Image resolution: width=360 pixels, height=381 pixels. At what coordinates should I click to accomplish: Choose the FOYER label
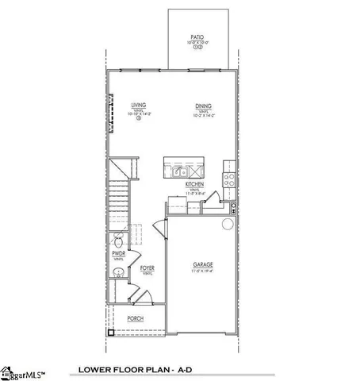pyautogui.click(x=147, y=268)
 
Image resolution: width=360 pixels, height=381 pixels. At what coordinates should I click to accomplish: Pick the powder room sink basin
pyautogui.click(x=117, y=273)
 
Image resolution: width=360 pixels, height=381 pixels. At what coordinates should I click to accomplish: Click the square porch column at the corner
pyautogui.click(x=111, y=332)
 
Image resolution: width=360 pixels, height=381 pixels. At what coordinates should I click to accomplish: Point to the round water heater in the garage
pyautogui.click(x=227, y=222)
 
